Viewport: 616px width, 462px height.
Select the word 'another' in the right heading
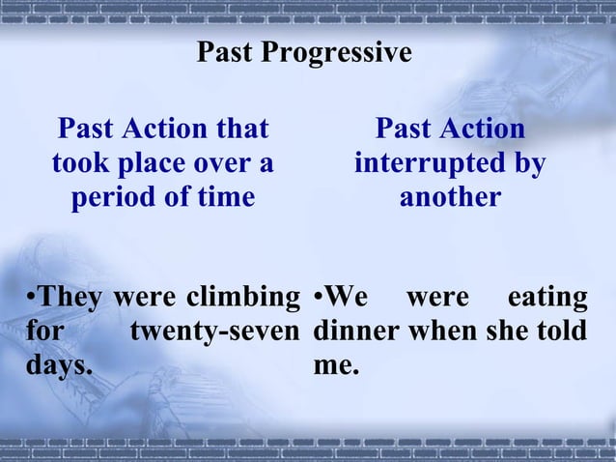point(450,197)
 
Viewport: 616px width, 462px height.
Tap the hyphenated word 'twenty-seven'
point(216,332)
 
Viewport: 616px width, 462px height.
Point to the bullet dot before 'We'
point(319,297)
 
